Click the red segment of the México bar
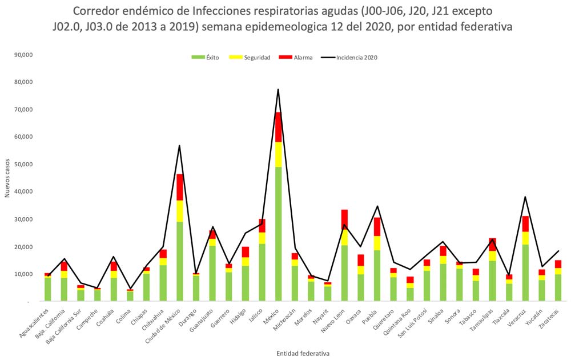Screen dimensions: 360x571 [278, 127]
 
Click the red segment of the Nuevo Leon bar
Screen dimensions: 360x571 [344, 219]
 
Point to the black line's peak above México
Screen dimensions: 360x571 [278, 89]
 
